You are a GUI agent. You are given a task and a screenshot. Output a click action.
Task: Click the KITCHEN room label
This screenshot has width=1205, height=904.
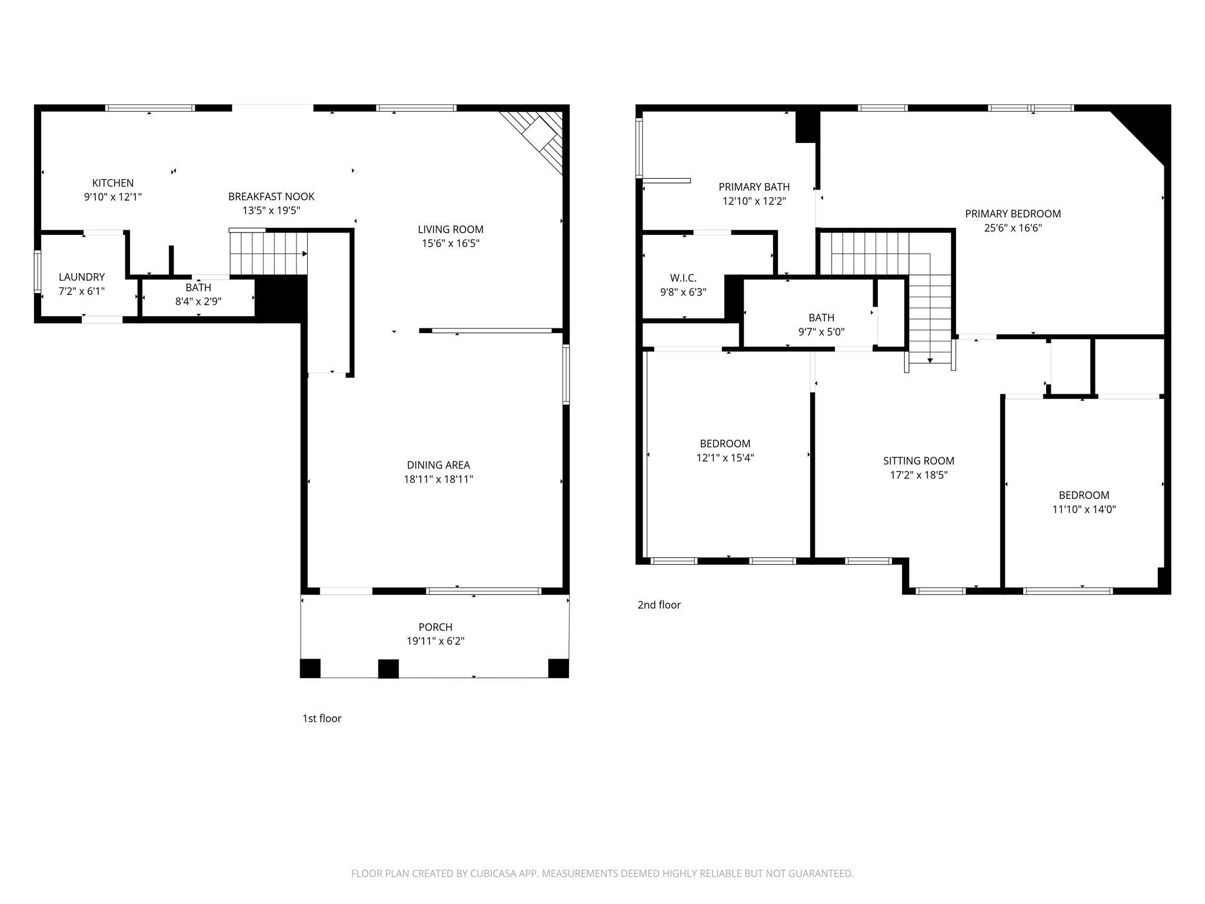click(x=113, y=183)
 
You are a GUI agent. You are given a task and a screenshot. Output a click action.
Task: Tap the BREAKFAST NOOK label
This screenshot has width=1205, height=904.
click(x=271, y=197)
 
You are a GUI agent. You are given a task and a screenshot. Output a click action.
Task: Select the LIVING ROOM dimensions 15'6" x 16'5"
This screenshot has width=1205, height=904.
click(x=451, y=243)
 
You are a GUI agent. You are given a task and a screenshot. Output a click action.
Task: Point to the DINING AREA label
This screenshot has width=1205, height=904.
click(x=438, y=465)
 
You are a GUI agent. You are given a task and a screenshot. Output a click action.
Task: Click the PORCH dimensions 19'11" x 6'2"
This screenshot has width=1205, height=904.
click(x=435, y=641)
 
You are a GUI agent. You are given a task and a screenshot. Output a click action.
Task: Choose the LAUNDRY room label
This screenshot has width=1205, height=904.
click(x=82, y=277)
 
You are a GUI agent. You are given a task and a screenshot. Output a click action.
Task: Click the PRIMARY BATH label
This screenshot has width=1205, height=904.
click(x=754, y=187)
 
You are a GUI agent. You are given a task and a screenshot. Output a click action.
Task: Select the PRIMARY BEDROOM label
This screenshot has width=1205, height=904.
click(x=1013, y=214)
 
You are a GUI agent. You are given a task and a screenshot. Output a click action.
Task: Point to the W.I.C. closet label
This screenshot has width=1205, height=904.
click(x=683, y=278)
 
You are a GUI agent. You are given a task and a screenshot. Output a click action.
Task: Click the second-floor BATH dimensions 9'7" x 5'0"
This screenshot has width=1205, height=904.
click(x=821, y=332)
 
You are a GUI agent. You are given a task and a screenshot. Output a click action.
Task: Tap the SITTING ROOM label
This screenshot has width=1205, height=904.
click(x=918, y=461)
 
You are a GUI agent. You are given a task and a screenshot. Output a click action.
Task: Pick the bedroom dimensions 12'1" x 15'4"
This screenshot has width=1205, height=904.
click(x=725, y=458)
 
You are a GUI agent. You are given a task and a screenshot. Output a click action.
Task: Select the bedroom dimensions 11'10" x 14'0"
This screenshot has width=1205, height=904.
click(x=1084, y=510)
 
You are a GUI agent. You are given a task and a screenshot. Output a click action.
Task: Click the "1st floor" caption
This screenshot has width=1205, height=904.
click(x=322, y=718)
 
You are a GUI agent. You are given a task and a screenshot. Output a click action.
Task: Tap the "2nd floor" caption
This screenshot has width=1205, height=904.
click(x=659, y=604)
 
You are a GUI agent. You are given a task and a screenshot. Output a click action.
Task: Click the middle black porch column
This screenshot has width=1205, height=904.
click(x=388, y=669)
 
